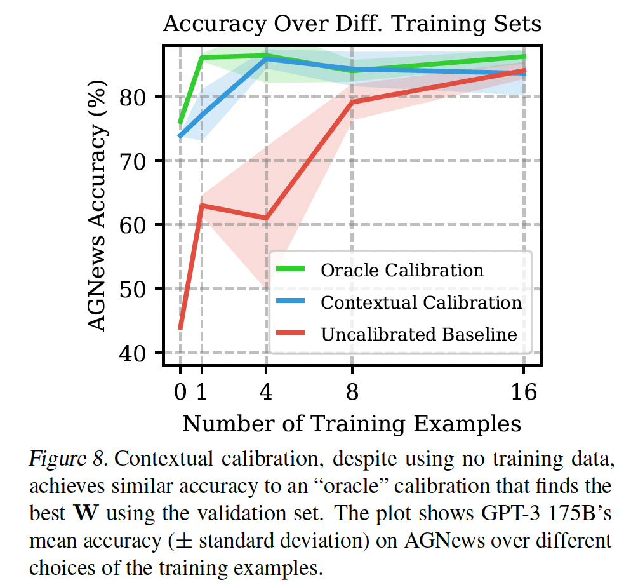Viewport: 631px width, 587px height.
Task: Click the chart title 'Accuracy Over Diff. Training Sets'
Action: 352,24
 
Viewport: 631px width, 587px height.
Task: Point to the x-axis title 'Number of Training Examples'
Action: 352,423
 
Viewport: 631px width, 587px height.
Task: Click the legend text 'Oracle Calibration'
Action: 402,270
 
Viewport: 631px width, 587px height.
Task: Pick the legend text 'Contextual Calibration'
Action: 421,302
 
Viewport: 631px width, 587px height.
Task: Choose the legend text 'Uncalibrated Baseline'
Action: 419,334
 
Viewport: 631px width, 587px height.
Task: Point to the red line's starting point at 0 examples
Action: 180,328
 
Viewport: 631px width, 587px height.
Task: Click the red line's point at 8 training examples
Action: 352,102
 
